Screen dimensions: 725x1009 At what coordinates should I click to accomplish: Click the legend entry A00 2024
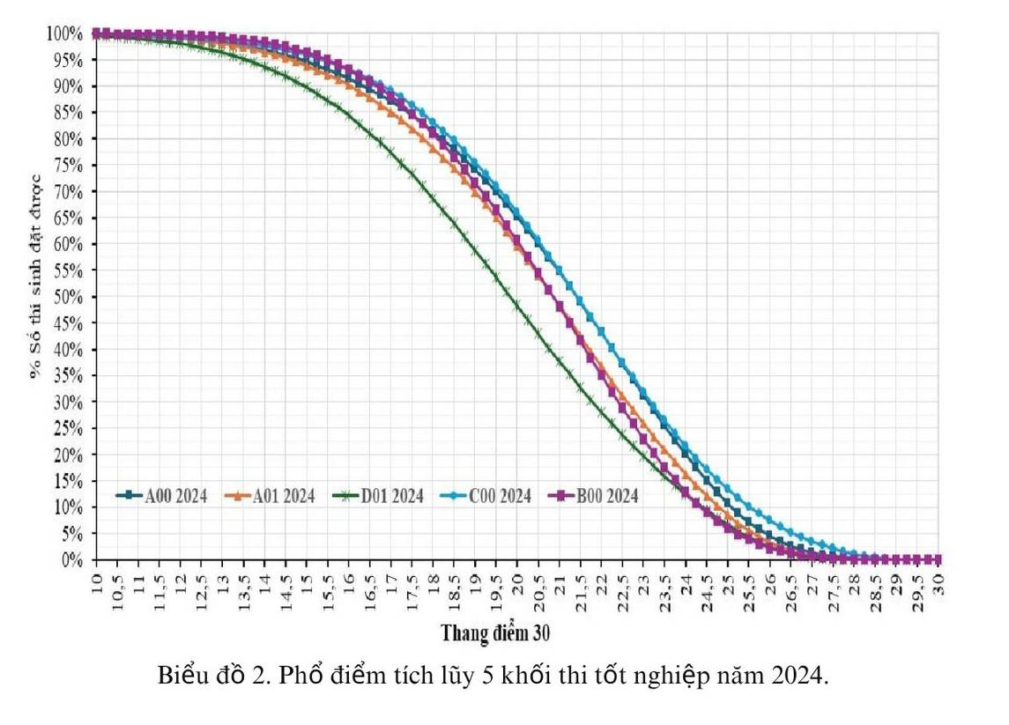point(163,496)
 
